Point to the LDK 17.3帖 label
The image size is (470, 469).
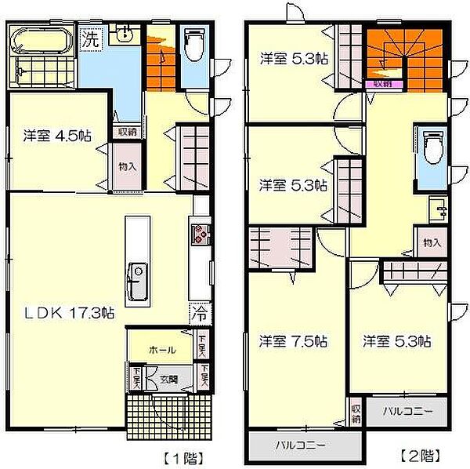pos(67,312)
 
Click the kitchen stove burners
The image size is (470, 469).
pos(199,234)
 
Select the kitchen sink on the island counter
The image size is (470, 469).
pos(138,281)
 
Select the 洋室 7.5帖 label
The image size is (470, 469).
pos(293,342)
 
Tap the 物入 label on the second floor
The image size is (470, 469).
pos(432,242)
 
